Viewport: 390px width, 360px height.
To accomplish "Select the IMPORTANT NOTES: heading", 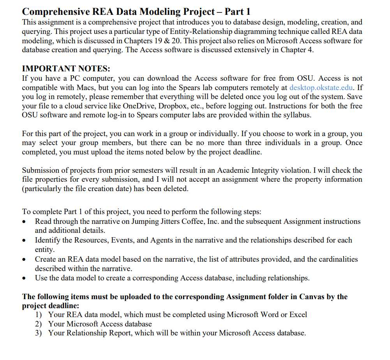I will (66, 69).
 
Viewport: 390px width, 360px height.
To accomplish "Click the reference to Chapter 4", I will (297, 50).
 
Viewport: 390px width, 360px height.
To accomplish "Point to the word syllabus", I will (296, 115).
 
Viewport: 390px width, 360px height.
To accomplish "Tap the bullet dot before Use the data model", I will (25, 278).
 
